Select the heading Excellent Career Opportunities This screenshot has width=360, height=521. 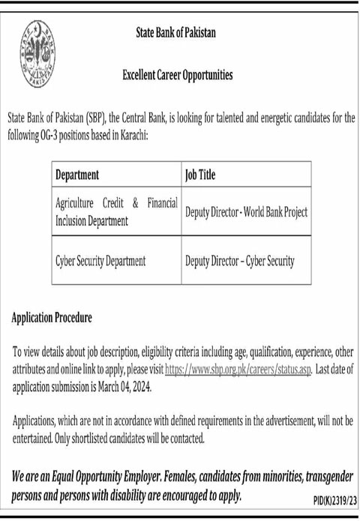pos(177,75)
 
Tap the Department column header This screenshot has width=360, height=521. pos(77,175)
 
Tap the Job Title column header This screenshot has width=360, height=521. pos(199,175)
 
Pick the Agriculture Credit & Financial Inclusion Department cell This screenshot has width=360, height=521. pos(115,211)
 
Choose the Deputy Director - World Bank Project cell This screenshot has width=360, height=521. pos(246,212)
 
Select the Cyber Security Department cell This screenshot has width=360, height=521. pos(100,261)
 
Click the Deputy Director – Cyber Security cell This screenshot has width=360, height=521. pos(239,261)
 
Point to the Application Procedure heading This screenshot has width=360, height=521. pos(52,318)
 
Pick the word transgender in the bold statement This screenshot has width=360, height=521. pos(320,477)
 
